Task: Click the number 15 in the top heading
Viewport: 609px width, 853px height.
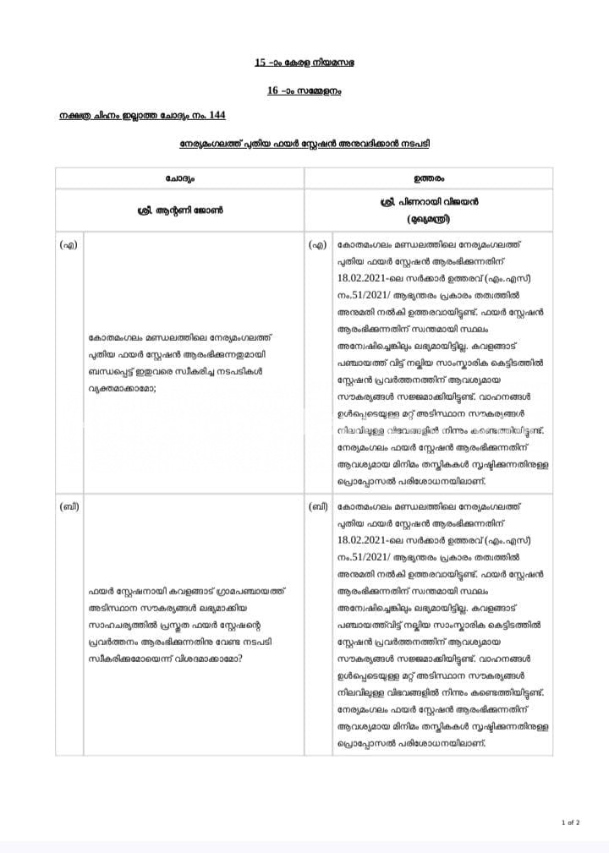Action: [x=260, y=63]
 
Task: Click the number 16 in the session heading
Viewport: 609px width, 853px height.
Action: [x=272, y=90]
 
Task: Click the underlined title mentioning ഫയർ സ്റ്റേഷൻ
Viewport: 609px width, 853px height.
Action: [x=304, y=144]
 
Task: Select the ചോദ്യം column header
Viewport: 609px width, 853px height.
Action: [x=179, y=178]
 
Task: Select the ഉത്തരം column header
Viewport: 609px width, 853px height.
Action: [x=429, y=178]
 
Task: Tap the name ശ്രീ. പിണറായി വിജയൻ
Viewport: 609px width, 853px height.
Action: [x=429, y=203]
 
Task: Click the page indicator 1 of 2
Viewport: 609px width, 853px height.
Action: [x=570, y=822]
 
